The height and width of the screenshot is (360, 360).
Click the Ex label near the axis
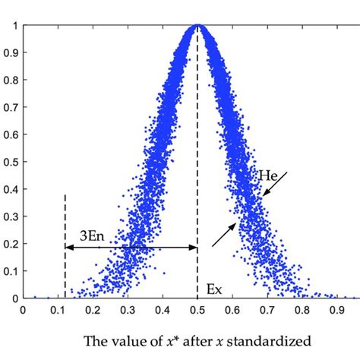tap(214, 289)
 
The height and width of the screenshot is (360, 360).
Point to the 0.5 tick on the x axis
tap(197, 310)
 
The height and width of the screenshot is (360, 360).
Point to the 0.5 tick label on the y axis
tap(11, 162)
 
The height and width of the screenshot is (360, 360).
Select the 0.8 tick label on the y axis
tap(11, 81)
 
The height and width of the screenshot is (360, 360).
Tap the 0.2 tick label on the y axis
tap(11, 244)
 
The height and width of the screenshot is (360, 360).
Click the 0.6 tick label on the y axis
tap(11, 134)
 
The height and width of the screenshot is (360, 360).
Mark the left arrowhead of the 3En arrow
tap(68, 247)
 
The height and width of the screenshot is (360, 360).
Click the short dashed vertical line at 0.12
tap(65, 220)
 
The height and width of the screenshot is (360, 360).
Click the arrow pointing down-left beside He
tap(276, 185)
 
